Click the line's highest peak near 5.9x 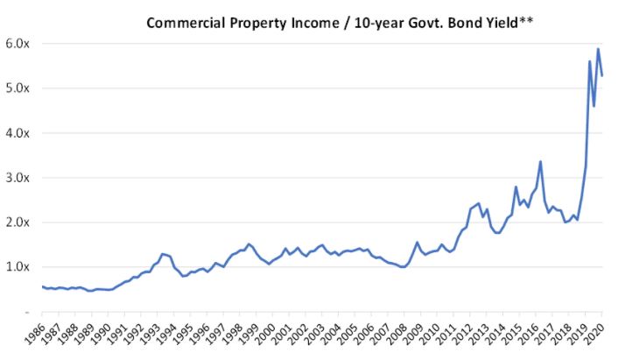point(598,49)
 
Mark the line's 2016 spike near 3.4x point(540,161)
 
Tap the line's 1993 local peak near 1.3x point(162,253)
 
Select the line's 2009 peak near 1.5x point(418,243)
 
